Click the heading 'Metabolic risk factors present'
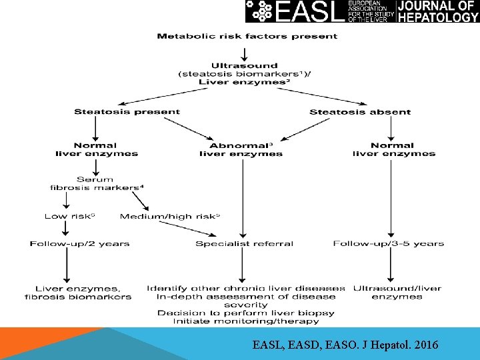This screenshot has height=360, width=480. pyautogui.click(x=247, y=36)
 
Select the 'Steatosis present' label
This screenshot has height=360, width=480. pyautogui.click(x=127, y=112)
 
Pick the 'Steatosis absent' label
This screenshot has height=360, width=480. pyautogui.click(x=360, y=112)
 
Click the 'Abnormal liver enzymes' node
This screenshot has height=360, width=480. pyautogui.click(x=241, y=149)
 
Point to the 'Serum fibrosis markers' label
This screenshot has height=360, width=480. pyautogui.click(x=96, y=183)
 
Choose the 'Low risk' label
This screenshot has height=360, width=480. pyautogui.click(x=65, y=216)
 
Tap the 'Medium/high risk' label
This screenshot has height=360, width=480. pyautogui.click(x=170, y=216)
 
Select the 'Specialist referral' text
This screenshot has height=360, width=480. pyautogui.click(x=244, y=244)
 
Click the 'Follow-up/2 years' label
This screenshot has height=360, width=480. pyautogui.click(x=79, y=244)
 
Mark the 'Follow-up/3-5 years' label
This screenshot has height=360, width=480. pyautogui.click(x=389, y=244)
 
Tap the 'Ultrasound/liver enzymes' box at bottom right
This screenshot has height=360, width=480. pyautogui.click(x=397, y=293)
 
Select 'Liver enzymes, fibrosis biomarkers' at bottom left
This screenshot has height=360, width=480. pyautogui.click(x=78, y=293)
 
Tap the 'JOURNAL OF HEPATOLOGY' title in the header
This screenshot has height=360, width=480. pyautogui.click(x=438, y=11)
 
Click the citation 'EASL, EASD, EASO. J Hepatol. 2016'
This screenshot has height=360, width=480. pyautogui.click(x=345, y=345)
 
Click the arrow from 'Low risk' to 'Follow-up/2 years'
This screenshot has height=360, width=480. pyautogui.click(x=65, y=229)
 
